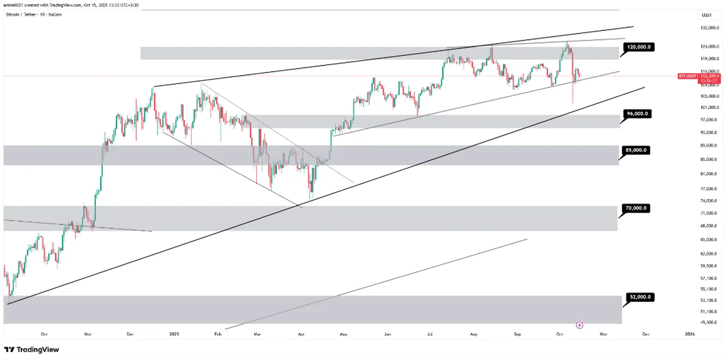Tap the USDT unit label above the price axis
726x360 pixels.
coord(706,15)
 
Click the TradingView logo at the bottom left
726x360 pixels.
coord(28,349)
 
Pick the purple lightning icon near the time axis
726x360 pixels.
coord(579,325)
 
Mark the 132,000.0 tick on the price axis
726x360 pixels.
coord(710,28)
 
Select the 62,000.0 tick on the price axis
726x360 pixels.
coord(710,253)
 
